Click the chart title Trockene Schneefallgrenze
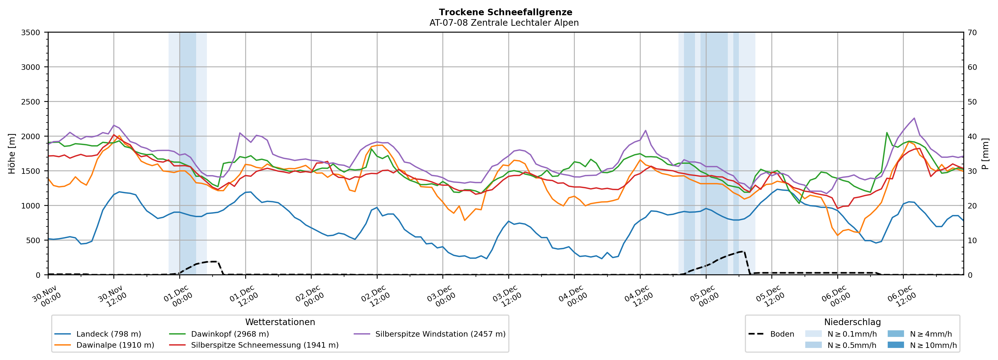point(505,12)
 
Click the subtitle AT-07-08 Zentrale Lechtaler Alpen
point(504,23)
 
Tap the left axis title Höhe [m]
point(12,153)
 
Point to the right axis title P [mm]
point(985,153)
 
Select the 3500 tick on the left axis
point(31,33)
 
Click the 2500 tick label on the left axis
point(31,102)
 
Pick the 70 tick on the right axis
point(972,33)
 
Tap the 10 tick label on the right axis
point(972,240)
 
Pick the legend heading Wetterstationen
point(280,322)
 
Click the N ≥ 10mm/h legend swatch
point(896,345)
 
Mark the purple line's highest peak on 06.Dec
point(914,118)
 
